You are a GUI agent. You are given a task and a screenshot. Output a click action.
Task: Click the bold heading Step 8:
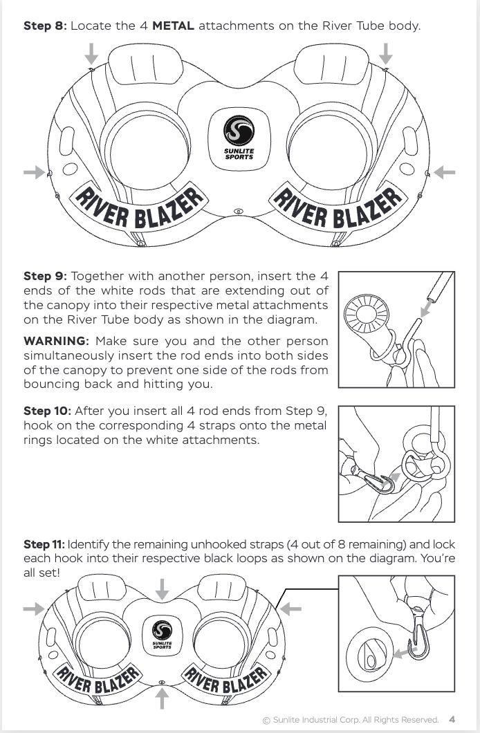coord(46,26)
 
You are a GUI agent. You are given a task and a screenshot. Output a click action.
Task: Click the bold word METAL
coord(173,26)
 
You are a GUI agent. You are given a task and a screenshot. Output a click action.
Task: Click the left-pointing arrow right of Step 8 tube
coord(445,172)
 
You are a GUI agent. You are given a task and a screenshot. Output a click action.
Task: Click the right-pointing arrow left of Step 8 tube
coord(34,172)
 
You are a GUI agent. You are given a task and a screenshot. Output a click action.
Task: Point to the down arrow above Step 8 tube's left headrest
coord(91,54)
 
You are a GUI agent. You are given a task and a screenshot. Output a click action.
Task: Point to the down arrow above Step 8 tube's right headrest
coord(385,54)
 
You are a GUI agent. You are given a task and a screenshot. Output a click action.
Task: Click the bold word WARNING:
coord(56,341)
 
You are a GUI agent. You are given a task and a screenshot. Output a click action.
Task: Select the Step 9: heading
coord(46,277)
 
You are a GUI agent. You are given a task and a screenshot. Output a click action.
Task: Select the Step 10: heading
coord(47,411)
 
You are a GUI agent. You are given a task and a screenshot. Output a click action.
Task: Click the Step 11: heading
coord(44,544)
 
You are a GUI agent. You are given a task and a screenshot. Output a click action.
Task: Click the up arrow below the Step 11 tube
coord(162,698)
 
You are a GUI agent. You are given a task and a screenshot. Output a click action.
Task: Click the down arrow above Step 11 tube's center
coord(162,589)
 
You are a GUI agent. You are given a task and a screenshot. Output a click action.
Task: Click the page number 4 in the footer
coord(452,719)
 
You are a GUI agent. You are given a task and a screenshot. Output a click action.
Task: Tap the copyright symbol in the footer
coord(266,721)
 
